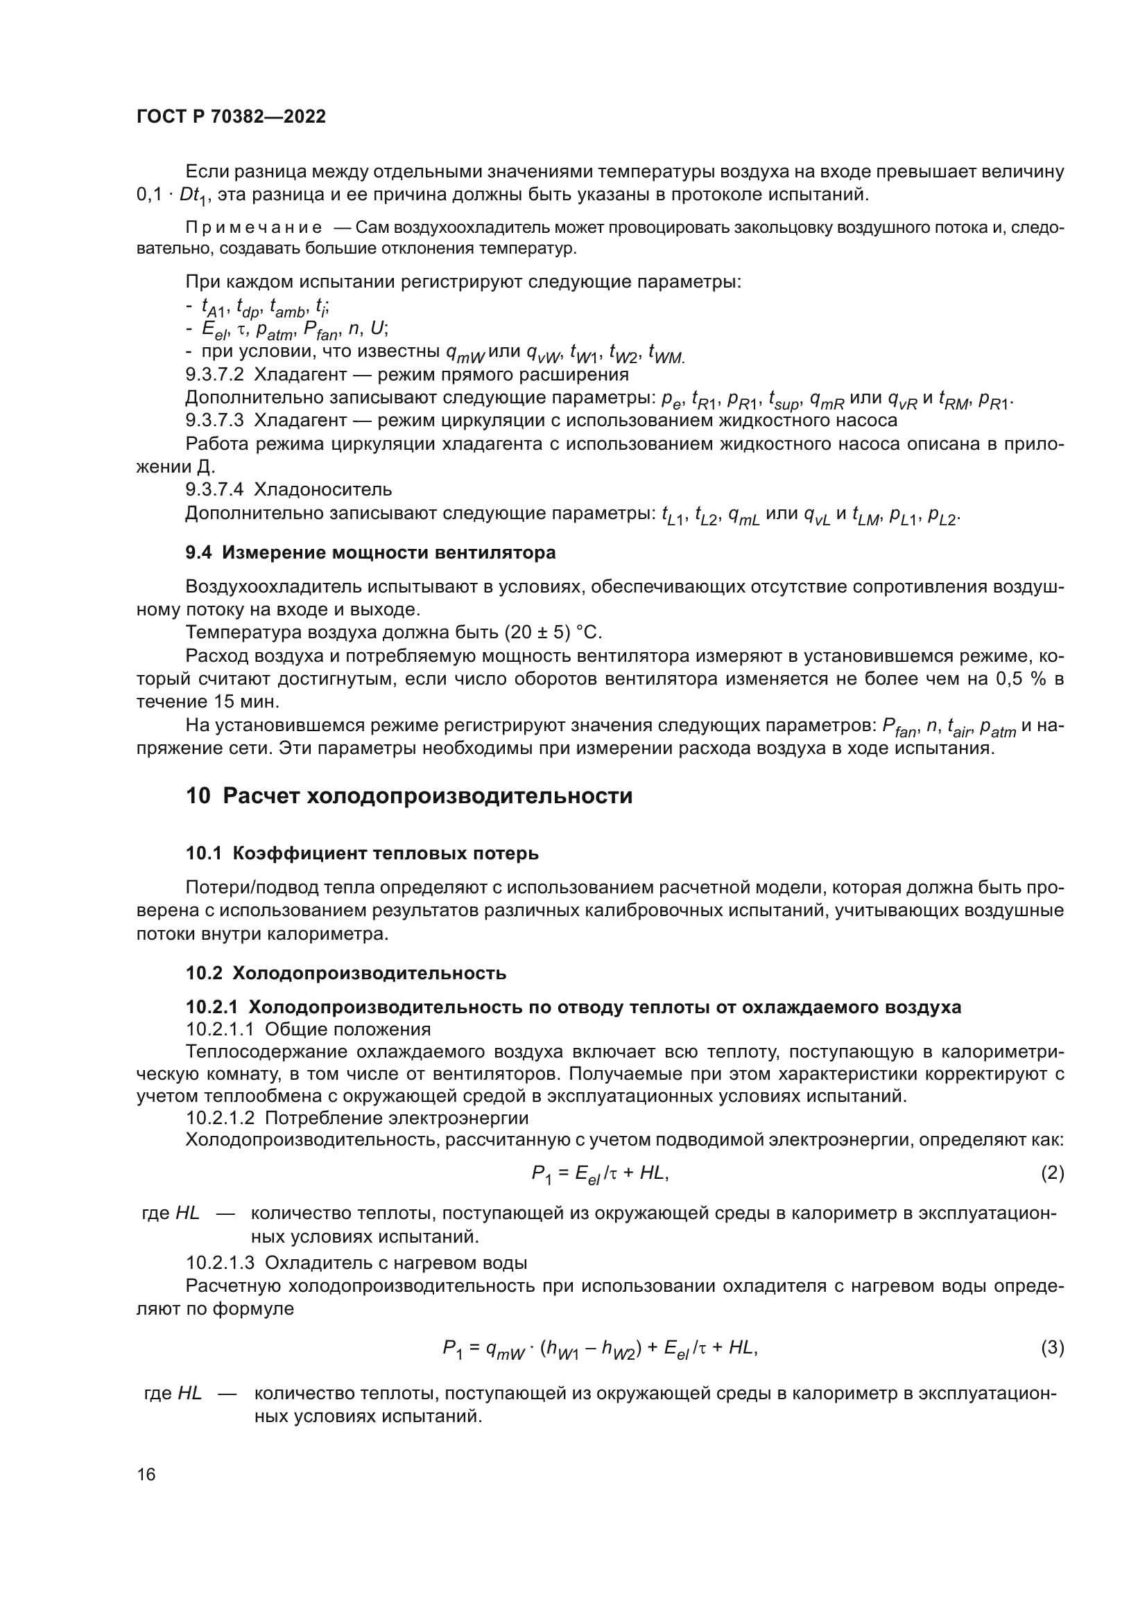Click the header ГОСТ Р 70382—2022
coord(231,117)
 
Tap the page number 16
coord(146,1474)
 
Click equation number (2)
coord(1052,1173)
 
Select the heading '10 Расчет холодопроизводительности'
coord(409,796)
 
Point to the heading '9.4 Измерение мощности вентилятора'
coord(370,553)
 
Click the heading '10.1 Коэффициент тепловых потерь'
coord(361,853)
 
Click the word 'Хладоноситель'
coord(322,489)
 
